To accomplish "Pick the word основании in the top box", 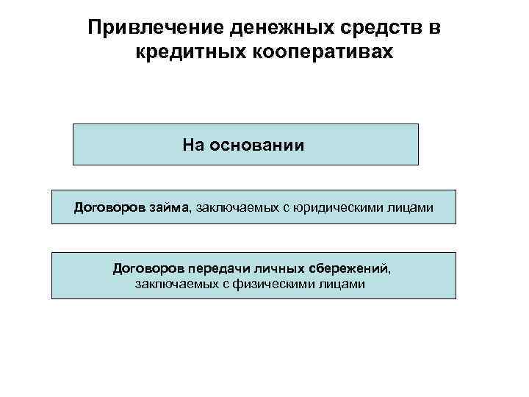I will click(256, 145).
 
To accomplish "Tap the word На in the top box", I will click(195, 145).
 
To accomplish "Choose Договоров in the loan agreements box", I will click(109, 208).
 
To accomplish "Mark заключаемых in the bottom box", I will click(172, 283).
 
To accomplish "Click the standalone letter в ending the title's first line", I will click(439, 27).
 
